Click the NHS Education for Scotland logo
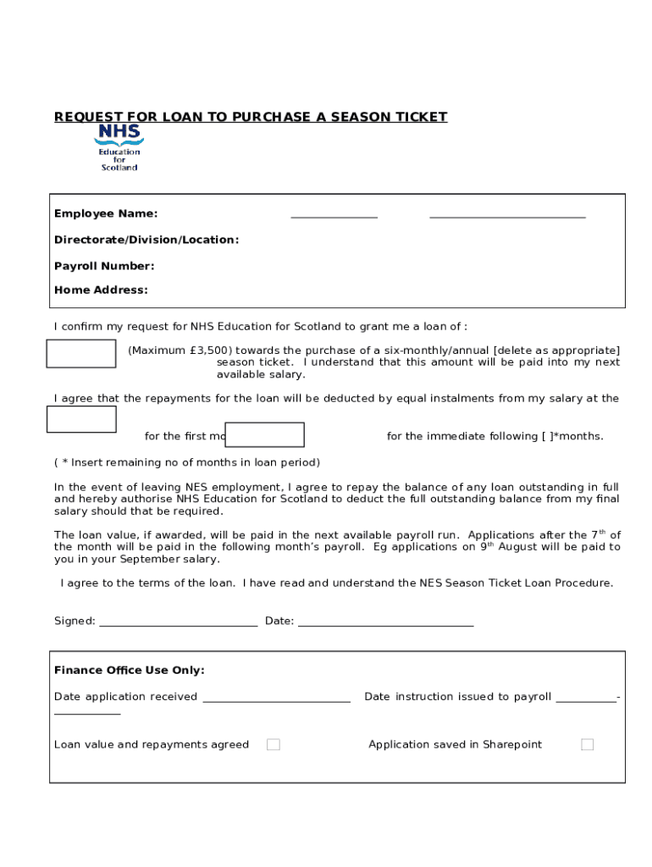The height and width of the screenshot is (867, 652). tap(119, 148)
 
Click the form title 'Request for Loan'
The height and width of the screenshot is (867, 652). tap(251, 117)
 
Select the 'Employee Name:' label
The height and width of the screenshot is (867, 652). tap(106, 213)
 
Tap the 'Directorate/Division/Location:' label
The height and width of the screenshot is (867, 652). tap(146, 240)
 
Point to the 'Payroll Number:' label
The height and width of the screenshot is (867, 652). tap(104, 266)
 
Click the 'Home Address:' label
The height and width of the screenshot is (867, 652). tap(101, 290)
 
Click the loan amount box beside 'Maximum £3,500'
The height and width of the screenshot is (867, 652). tap(80, 354)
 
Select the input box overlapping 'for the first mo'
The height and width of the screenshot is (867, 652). tap(264, 434)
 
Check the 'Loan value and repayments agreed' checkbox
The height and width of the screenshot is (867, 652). tap(274, 744)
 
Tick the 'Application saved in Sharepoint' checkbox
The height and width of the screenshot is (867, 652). tap(587, 744)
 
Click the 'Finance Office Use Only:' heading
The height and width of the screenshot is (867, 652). tap(130, 670)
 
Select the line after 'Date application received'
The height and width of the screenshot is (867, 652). tap(276, 699)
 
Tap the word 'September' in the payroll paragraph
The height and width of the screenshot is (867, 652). tap(150, 559)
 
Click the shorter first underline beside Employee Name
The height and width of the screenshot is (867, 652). tap(334, 217)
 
